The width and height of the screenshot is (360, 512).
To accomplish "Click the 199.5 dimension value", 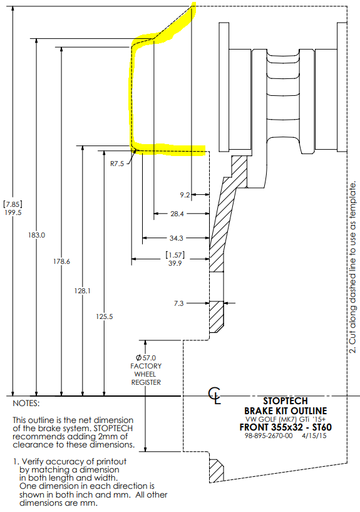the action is tap(13, 212).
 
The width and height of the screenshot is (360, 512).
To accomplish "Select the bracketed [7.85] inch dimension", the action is tap(13, 204).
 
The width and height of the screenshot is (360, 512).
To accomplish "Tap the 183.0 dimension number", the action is tap(36, 235).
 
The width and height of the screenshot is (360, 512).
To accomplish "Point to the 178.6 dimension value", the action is tap(61, 261).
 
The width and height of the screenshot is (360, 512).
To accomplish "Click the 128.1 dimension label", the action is tap(82, 291).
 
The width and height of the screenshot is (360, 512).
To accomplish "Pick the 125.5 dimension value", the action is tap(105, 316).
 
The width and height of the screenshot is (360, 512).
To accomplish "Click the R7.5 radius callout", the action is tap(116, 164).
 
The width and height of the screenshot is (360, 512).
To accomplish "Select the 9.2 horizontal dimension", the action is tap(185, 195).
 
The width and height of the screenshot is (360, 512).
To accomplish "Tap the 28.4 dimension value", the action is tap(177, 214).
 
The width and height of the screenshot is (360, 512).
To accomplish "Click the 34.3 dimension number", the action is tap(177, 238).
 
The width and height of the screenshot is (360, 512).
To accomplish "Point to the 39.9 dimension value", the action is tap(175, 263).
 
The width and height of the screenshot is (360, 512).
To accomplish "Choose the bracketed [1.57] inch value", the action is tap(175, 255).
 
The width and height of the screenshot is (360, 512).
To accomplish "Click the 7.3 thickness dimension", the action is tap(178, 304).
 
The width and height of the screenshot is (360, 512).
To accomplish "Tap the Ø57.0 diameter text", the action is tap(146, 358).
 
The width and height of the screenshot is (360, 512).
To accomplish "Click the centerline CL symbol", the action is tap(215, 395).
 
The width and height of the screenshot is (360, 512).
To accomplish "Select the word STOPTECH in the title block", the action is tap(285, 401).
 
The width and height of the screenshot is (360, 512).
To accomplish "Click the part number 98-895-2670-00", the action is tap(269, 436).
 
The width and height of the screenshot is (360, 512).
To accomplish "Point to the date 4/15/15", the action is tap(314, 436).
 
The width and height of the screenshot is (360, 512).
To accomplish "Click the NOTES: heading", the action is tap(26, 404).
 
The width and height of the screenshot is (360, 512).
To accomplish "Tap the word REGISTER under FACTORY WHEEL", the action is tap(146, 382).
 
